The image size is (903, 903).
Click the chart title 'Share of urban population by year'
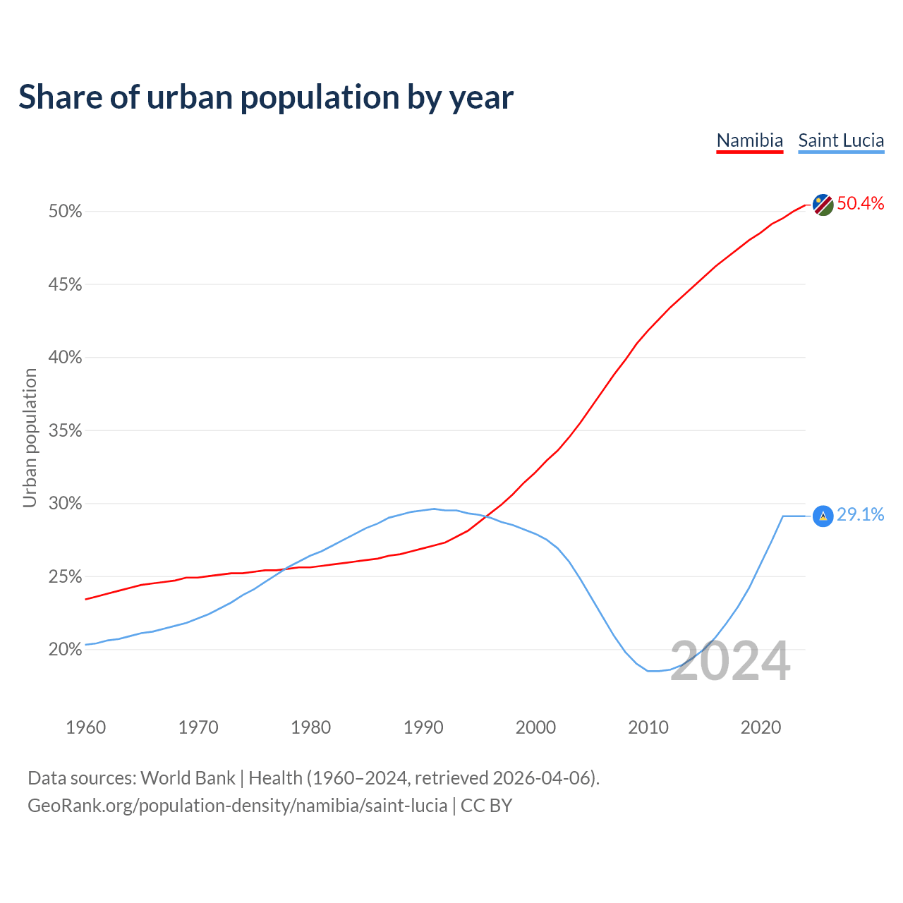[266, 97]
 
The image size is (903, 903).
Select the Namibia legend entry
[749, 140]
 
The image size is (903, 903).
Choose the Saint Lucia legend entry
[841, 140]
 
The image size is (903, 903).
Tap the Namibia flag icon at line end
[823, 205]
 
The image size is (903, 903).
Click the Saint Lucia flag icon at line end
[823, 516]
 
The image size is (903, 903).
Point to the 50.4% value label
[860, 204]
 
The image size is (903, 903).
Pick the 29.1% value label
[860, 515]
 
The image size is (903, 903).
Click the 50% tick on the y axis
[65, 212]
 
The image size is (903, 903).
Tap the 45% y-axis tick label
[65, 285]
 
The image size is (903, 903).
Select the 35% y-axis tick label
[65, 431]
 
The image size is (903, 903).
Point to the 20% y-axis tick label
[65, 650]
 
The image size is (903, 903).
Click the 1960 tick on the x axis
[86, 727]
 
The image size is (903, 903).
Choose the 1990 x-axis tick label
[423, 727]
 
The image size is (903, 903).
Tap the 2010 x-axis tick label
[648, 727]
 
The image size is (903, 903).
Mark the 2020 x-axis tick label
[760, 727]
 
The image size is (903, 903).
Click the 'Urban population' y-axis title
[30, 437]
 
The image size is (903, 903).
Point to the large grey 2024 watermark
[730, 662]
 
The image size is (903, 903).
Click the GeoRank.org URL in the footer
[237, 806]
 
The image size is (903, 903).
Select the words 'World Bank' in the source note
[188, 778]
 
